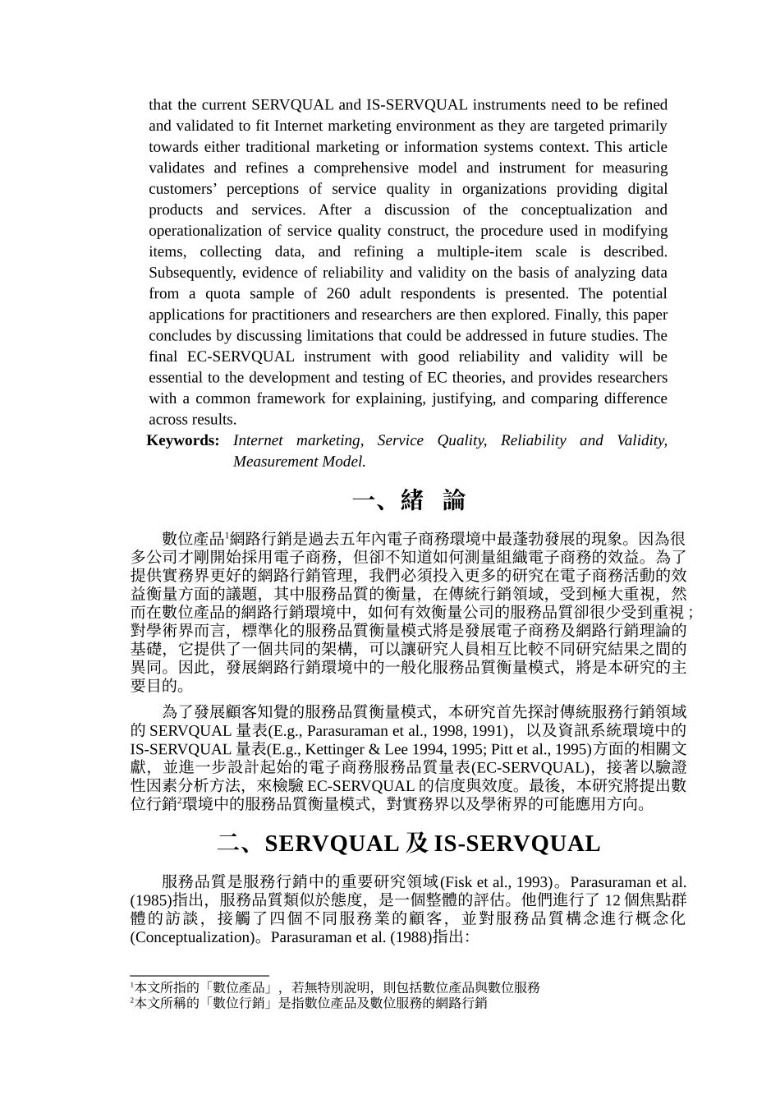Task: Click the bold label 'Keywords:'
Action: [x=183, y=440]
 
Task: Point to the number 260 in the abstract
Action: [x=338, y=294]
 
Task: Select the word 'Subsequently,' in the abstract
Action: [x=190, y=273]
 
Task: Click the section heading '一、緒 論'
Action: [x=408, y=499]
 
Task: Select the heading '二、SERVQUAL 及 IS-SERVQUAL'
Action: [x=408, y=844]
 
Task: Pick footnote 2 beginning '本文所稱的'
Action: [x=309, y=1003]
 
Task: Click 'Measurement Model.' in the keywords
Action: [x=299, y=462]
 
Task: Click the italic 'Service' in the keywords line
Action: [x=400, y=440]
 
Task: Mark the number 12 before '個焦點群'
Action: [x=612, y=900]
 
